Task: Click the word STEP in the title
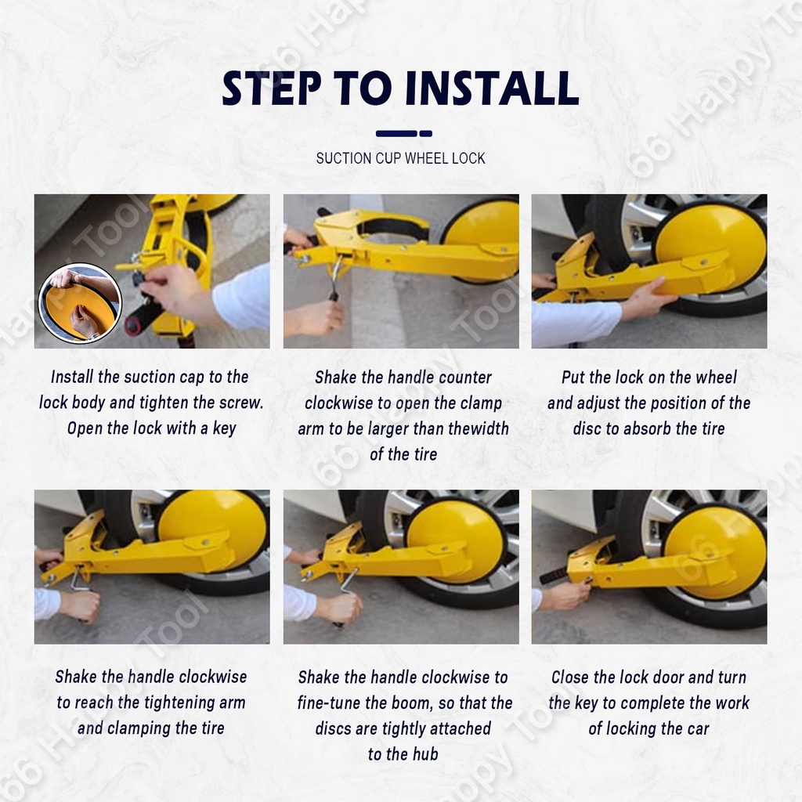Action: pos(272,89)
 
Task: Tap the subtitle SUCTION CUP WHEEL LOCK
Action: pos(400,158)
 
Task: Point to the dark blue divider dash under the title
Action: pos(403,133)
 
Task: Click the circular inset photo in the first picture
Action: pos(80,303)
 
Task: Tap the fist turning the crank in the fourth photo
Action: pos(81,606)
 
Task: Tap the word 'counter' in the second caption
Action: pos(465,378)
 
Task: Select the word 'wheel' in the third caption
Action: pos(714,378)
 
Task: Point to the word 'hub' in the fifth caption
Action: pos(425,754)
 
